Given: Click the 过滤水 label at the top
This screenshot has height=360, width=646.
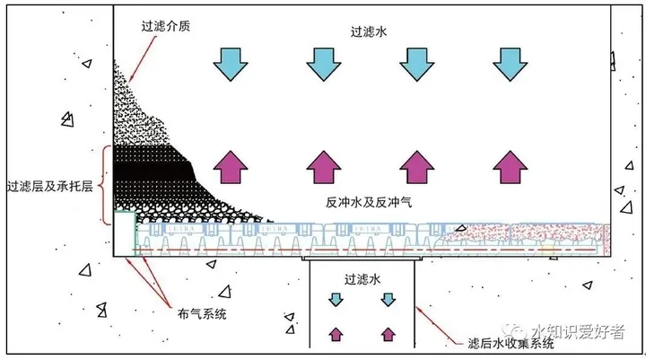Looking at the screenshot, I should click(367, 31).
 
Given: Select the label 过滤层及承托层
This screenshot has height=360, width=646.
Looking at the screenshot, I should click(49, 187).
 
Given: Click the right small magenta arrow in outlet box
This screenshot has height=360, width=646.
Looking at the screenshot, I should click(388, 334).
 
